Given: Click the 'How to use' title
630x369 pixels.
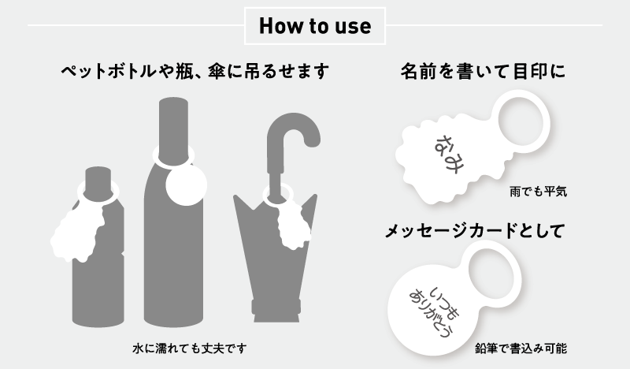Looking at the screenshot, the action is (315, 26).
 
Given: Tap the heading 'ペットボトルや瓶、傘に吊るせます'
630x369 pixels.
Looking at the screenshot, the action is (195, 72).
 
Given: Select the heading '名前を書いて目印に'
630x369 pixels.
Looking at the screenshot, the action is (483, 71).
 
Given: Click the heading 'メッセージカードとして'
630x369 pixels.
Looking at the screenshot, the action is (476, 231).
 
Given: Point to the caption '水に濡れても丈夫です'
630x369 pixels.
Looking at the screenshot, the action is (189, 348).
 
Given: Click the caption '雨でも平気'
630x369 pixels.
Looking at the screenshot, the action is (539, 191).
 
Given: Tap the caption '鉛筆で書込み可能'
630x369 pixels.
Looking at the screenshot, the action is (521, 348).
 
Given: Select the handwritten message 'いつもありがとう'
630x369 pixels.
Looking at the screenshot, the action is (434, 312).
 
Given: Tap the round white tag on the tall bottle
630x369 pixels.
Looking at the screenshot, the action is (186, 185).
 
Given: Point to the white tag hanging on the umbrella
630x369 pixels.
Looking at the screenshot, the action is (293, 226).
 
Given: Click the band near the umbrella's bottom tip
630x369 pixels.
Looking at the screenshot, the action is (276, 307).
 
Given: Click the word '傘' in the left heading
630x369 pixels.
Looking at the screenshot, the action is (217, 72).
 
